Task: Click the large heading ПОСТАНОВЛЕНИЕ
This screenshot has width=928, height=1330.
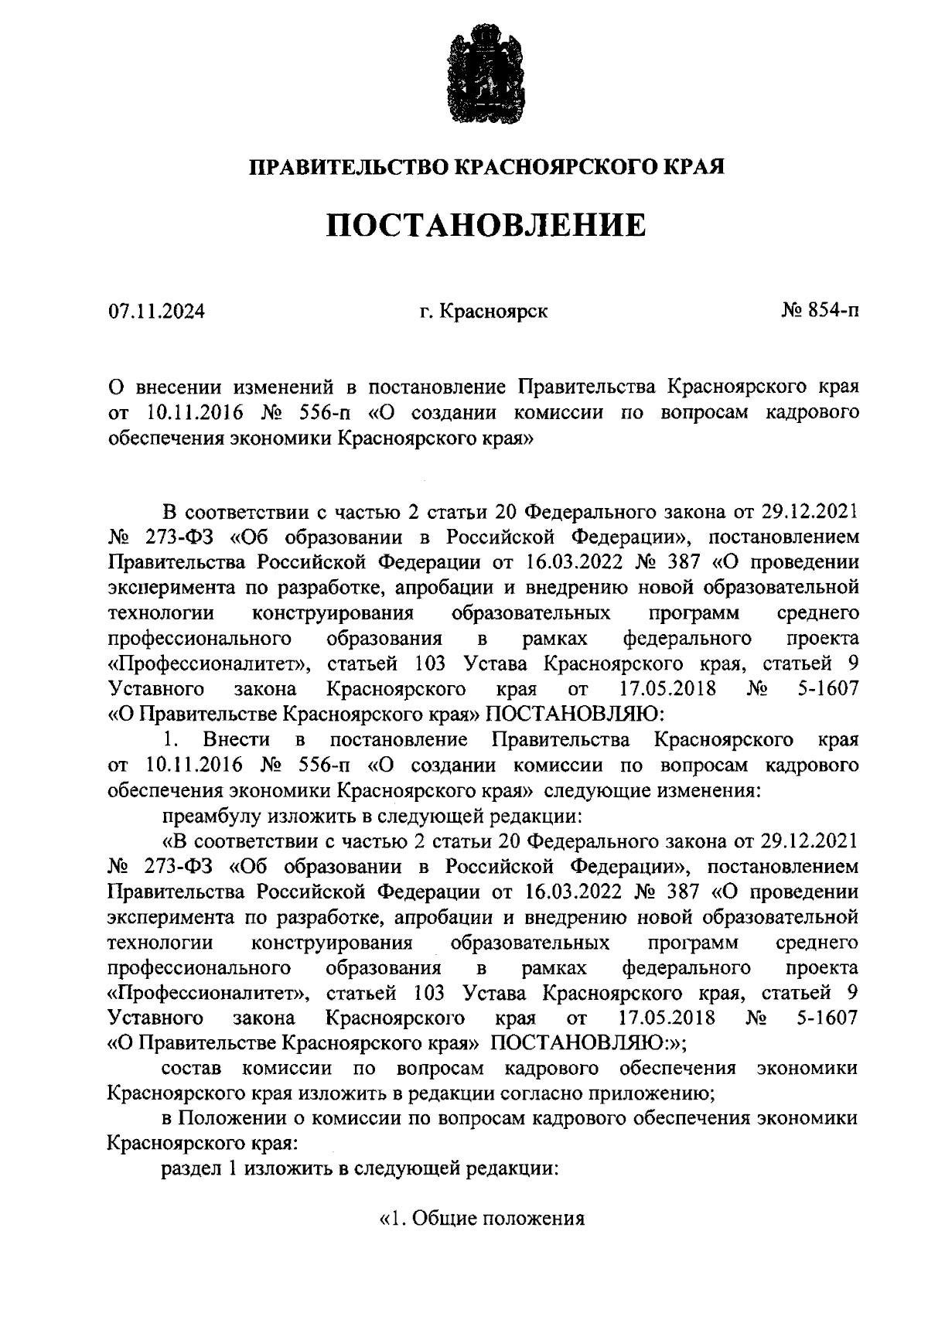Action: click(485, 225)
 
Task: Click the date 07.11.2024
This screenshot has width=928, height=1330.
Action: click(156, 312)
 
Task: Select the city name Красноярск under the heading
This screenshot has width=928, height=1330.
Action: click(493, 312)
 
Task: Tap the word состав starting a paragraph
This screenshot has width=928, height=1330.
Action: click(191, 1069)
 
